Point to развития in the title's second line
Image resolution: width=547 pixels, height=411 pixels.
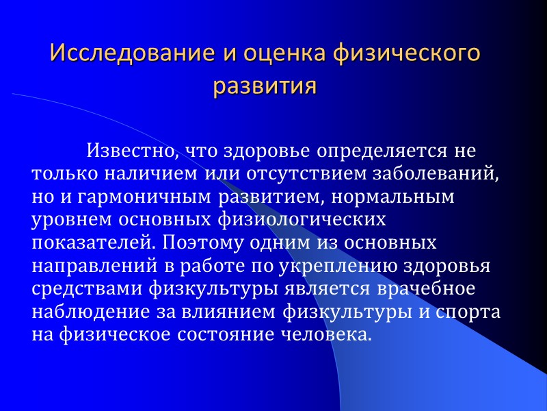265,87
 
